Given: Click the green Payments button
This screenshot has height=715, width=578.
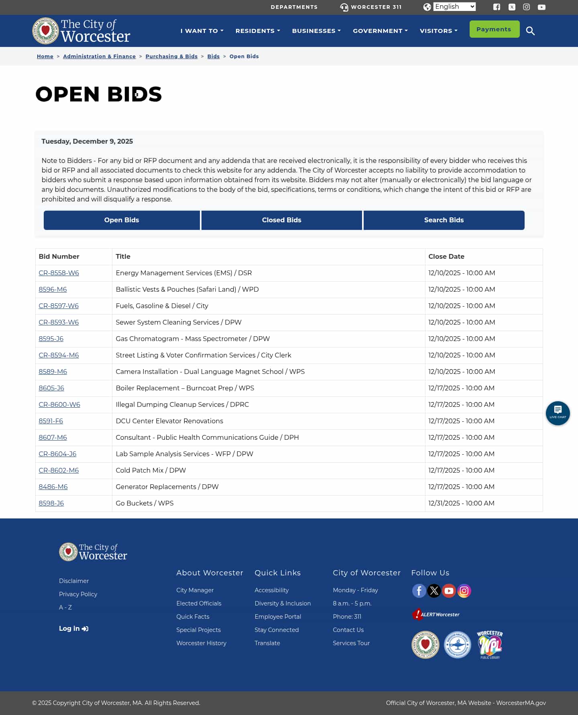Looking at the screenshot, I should (494, 29).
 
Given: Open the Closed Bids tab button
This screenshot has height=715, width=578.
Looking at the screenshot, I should (281, 220).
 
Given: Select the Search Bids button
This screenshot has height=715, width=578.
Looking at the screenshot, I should (444, 220).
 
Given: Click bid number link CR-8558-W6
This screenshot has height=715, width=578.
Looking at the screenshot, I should (59, 273).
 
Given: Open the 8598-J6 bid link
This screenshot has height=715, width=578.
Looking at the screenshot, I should (51, 503).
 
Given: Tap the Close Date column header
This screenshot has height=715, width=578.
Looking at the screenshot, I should (446, 256).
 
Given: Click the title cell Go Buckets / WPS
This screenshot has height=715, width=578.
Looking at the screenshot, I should (144, 503).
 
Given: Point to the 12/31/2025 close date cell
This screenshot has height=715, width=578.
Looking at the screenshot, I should (461, 503).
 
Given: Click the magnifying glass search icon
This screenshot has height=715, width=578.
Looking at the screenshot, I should (530, 31).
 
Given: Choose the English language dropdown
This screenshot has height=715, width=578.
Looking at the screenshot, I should (454, 7).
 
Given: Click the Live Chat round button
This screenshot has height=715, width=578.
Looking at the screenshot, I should (558, 413).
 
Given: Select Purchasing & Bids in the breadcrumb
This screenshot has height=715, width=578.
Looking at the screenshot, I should (171, 56).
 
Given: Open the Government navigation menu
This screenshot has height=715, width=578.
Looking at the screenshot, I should (380, 31).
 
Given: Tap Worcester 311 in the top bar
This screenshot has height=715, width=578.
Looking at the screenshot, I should (371, 7).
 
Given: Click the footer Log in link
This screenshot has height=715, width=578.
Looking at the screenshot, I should (73, 628).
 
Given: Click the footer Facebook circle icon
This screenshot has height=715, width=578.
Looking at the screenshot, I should (419, 591).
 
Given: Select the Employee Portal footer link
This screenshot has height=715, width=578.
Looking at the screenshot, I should (277, 616).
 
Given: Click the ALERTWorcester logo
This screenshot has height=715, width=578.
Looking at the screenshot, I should (436, 614).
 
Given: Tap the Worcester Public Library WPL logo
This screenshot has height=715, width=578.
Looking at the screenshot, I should (490, 644).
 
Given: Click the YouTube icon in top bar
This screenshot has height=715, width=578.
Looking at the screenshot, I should (541, 7).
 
